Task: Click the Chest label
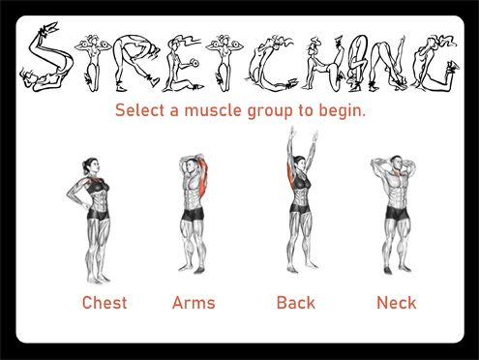[x=105, y=303]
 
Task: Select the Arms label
[x=194, y=303]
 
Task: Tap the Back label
[x=296, y=303]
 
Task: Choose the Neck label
[x=397, y=303]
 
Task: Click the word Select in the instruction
[x=140, y=110]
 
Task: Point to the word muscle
[x=213, y=110]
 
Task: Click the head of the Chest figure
[x=91, y=166]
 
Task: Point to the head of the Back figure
[x=300, y=164]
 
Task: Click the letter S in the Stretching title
[x=47, y=58]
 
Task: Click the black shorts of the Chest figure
[x=99, y=214]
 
